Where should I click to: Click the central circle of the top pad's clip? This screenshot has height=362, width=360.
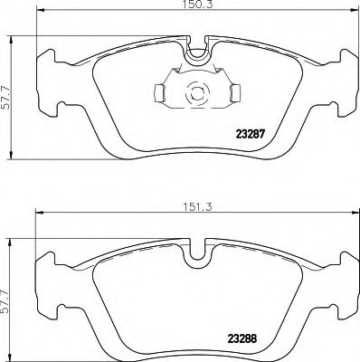[x=195, y=91]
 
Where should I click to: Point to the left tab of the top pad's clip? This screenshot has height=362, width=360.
[x=160, y=91]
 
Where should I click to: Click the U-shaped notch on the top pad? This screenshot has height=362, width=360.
[x=195, y=54]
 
